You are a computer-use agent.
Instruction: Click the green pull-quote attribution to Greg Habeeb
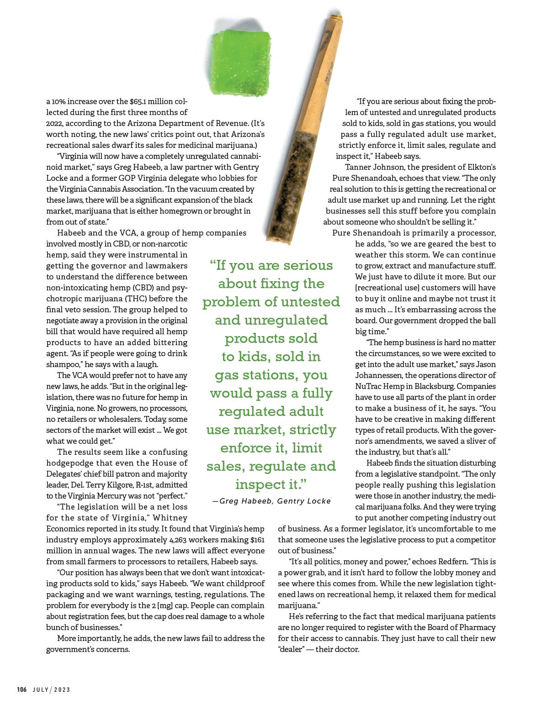(x=271, y=501)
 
